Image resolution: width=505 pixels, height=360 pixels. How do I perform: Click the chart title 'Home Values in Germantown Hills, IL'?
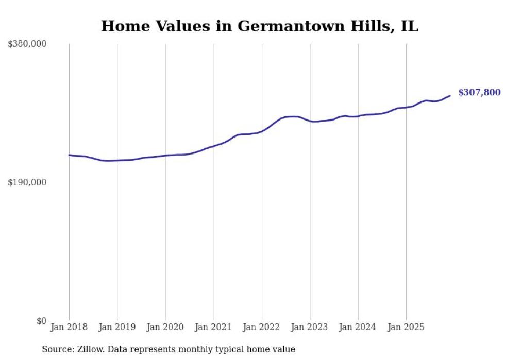[259, 26]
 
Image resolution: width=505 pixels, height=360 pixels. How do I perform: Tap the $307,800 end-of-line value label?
[479, 93]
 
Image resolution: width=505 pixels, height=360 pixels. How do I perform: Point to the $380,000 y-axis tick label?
[27, 44]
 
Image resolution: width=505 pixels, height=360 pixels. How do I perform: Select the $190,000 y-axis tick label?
[27, 182]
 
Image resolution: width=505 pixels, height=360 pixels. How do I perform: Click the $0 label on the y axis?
[41, 321]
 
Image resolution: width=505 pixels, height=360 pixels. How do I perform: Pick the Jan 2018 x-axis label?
[69, 327]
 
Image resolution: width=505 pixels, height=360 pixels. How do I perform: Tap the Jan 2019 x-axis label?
[117, 327]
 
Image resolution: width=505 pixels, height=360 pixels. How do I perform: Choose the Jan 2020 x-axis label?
[165, 327]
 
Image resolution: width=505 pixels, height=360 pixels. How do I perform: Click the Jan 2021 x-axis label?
[213, 327]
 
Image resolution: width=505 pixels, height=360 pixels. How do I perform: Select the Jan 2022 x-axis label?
[262, 327]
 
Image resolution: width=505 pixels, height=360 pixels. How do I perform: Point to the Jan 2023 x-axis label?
[310, 327]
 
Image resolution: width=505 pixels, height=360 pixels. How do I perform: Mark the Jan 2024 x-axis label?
[358, 327]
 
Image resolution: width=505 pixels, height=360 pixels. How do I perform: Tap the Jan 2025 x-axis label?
[406, 327]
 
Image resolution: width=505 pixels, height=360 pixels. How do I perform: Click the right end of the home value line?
[450, 95]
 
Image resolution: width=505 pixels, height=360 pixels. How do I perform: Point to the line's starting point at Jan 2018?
[69, 155]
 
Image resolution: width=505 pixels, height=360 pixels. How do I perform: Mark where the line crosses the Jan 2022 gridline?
[262, 131]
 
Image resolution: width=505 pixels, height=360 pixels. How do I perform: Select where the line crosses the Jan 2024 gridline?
[358, 116]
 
